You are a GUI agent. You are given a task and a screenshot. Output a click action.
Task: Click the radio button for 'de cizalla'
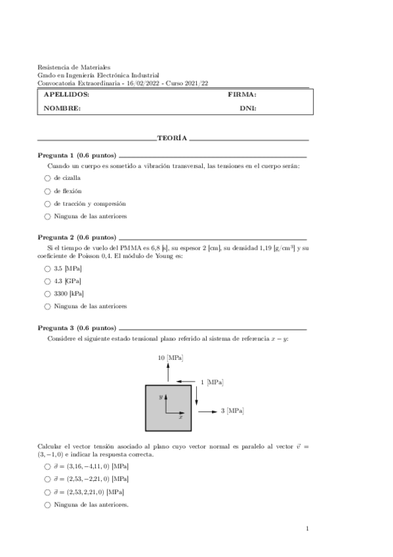pos(47,179)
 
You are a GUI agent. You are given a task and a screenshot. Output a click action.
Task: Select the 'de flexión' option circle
pos(47,191)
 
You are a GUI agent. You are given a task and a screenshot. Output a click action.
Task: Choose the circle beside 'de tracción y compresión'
pos(47,204)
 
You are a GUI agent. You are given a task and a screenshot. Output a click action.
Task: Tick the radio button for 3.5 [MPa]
pos(47,269)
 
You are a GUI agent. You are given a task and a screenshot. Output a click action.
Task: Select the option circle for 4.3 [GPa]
pos(47,281)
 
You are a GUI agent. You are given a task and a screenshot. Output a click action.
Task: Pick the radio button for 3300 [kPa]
pos(47,294)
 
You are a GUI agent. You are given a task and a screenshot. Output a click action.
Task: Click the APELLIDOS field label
pos(66,95)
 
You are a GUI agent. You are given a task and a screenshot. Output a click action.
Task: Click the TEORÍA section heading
pos(173,139)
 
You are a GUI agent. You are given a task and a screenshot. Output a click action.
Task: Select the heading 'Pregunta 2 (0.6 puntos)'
pos(77,236)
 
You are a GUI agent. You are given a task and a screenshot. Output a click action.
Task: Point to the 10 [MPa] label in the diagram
pos(171,358)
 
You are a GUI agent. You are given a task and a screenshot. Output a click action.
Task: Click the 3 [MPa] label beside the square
pos(232,411)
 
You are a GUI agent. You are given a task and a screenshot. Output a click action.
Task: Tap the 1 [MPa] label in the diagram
pos(211,382)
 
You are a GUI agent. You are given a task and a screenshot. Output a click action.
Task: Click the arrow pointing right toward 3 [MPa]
pos(207,411)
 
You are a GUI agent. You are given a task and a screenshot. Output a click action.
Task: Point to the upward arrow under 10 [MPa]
pos(168,373)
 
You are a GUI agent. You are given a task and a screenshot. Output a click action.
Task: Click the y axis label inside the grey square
pos(160,397)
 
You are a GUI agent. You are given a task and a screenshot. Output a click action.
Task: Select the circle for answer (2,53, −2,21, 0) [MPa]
pos(47,479)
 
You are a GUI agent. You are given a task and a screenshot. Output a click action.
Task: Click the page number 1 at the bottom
pos(307,529)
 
